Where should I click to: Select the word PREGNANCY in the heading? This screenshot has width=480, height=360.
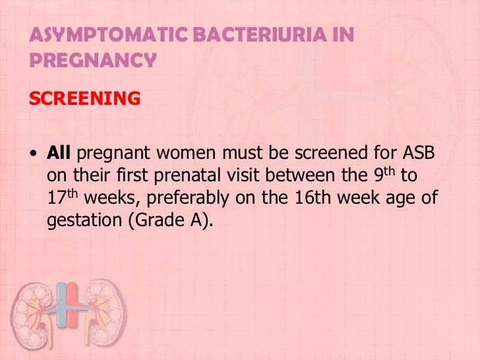pyautogui.click(x=93, y=61)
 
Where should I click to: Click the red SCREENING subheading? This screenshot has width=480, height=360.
pyautogui.click(x=84, y=98)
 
